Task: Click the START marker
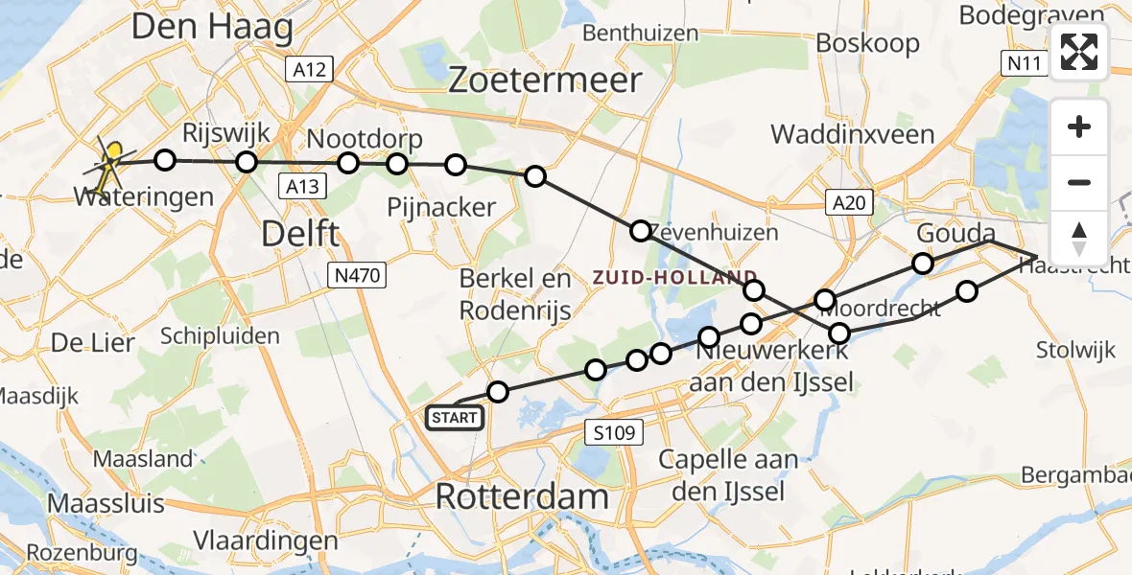coord(454,418)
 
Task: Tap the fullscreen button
coord(1080,52)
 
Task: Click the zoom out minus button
coord(1080,182)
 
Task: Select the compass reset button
coord(1080,238)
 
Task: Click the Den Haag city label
coord(212,27)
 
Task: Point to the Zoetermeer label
coord(545,80)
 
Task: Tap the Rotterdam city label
coord(522,496)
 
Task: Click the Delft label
coord(298,233)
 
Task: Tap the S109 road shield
coord(612,432)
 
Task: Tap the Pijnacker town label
coord(441,206)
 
